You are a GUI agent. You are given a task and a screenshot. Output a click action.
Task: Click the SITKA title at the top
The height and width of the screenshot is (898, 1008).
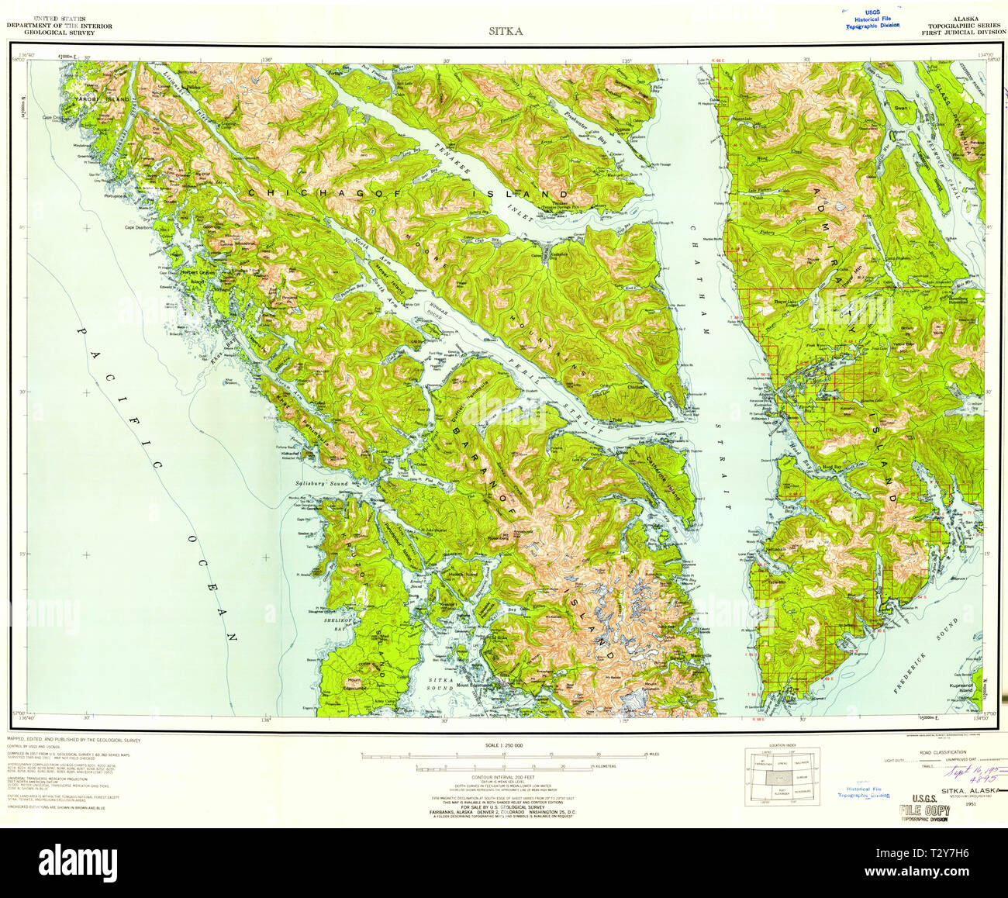point(506,32)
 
